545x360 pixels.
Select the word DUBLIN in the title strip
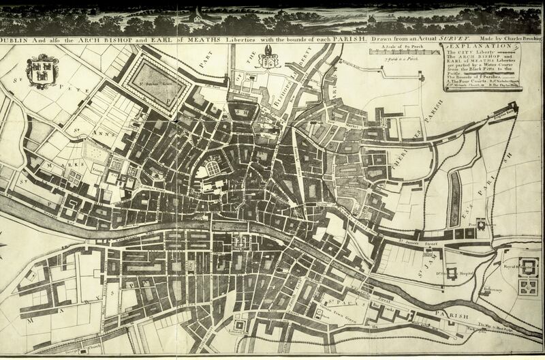pyautogui.click(x=18, y=39)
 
